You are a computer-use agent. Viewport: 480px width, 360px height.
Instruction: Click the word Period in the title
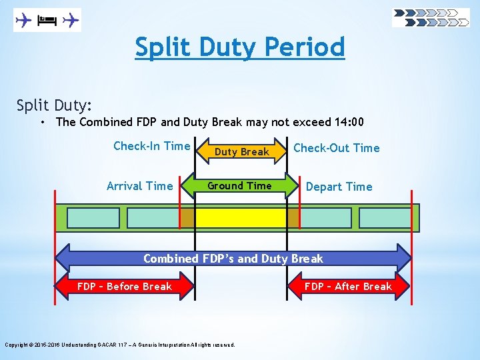click(305, 47)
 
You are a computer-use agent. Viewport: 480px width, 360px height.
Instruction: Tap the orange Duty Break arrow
click(241, 151)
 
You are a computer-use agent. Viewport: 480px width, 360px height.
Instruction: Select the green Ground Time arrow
click(239, 186)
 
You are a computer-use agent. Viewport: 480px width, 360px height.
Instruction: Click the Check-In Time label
click(152, 146)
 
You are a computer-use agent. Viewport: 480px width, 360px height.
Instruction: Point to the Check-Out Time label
click(337, 148)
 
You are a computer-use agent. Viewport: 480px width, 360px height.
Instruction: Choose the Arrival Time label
click(139, 186)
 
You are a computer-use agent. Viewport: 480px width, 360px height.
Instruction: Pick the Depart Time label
click(339, 187)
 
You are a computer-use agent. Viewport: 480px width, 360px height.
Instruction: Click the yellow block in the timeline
click(240, 218)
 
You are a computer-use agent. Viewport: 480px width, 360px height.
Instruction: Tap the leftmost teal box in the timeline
click(93, 218)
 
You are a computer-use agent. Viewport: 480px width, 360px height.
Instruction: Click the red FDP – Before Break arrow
click(125, 287)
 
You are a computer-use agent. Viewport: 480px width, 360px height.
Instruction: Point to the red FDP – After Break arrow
click(349, 287)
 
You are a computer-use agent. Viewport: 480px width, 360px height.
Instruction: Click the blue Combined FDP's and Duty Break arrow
click(233, 259)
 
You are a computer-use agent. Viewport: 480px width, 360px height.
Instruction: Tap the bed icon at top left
click(46, 21)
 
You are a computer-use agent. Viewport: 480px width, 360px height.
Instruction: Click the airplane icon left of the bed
click(23, 21)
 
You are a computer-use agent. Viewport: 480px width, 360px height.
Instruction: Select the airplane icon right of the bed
click(70, 21)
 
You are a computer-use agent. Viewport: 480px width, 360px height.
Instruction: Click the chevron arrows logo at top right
click(431, 17)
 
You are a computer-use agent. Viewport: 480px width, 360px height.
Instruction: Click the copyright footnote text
click(120, 345)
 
